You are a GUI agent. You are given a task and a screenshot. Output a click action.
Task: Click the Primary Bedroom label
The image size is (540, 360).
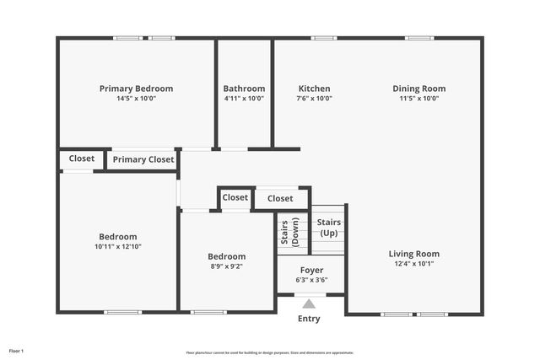point(136,89)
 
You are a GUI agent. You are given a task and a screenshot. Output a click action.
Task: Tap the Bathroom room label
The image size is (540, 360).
point(244,89)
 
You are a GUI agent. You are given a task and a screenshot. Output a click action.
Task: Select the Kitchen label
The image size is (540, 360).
point(314,89)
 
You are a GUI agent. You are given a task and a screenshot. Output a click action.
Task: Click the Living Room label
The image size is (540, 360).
point(413,254)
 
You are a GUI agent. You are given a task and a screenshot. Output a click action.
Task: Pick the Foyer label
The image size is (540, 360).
point(311,271)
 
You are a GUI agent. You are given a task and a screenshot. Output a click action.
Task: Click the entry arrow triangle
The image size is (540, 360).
point(310,304)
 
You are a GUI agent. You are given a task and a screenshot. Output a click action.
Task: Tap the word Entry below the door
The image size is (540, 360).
point(310,319)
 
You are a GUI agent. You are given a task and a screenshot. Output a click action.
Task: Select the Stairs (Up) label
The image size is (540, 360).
point(328,227)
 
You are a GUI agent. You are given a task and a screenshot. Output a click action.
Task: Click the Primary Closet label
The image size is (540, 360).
point(143,159)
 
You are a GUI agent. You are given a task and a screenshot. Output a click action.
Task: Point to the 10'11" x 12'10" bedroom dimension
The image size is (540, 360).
point(117,247)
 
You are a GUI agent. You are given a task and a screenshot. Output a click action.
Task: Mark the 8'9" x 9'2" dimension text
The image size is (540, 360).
point(227,266)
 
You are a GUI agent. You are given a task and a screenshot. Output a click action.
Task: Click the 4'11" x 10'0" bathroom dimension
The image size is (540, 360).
point(244,99)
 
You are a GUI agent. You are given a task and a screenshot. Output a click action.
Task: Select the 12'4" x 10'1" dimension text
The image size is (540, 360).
point(413,264)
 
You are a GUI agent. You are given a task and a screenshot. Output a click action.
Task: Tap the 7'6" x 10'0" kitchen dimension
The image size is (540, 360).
point(314,99)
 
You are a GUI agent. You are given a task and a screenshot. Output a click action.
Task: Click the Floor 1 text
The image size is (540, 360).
point(16,350)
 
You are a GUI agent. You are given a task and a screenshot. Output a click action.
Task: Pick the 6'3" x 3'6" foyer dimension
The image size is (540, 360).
point(311,280)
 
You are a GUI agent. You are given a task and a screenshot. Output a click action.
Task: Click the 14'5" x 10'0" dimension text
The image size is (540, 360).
point(136,99)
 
